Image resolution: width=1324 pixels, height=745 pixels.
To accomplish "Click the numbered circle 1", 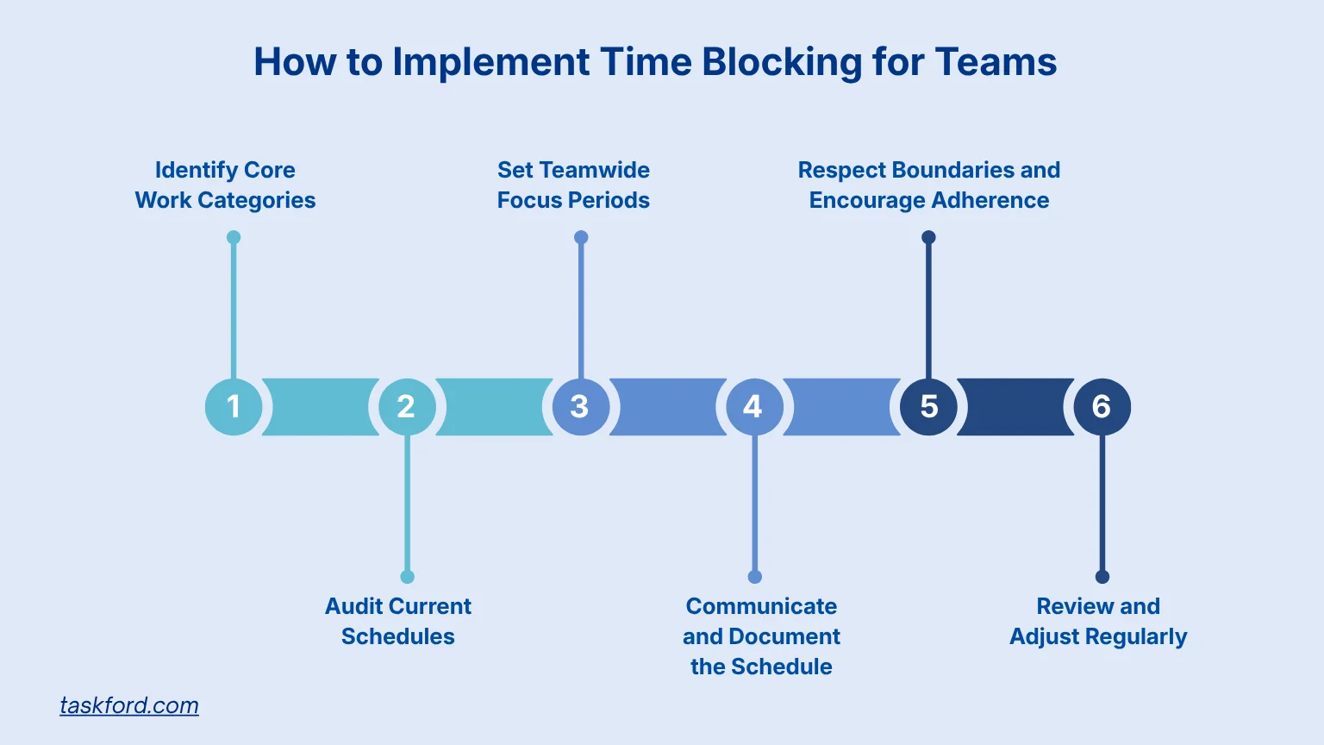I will point(234,406).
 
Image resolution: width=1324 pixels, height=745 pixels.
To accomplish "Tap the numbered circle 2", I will point(407,406).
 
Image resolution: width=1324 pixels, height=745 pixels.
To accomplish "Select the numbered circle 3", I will point(580,406).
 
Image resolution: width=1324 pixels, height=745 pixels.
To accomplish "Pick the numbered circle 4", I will point(754,406).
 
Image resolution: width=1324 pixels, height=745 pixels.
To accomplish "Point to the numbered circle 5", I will point(928,406).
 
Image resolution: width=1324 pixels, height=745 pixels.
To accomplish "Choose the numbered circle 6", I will point(1102,406).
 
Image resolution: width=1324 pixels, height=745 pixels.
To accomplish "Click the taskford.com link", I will point(129,705).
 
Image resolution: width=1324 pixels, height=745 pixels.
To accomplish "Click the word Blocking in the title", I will point(781,63).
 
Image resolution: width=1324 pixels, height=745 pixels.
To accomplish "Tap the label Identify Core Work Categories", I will point(225,185).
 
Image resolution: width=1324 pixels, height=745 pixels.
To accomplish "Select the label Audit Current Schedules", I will point(398,621).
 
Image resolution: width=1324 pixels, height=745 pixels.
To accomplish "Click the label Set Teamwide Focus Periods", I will point(573,185).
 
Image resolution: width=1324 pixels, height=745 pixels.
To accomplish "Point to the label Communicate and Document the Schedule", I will point(761,636).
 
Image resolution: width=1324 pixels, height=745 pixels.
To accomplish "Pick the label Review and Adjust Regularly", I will point(1098,621).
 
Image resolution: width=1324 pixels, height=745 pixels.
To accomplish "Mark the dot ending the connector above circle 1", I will point(234,237).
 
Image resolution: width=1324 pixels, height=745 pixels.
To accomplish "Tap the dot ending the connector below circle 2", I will point(408,577).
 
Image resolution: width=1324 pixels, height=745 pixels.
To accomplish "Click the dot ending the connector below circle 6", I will point(1102,577).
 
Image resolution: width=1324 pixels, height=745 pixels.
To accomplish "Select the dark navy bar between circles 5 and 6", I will point(1015,406).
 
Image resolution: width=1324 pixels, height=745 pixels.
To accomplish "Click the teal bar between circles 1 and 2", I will point(321,406).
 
